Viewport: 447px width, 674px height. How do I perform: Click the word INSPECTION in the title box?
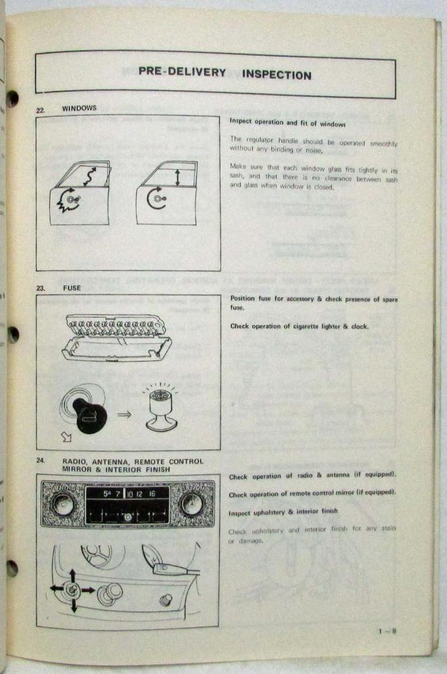click(x=276, y=74)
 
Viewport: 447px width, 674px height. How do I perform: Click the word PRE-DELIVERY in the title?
click(x=182, y=72)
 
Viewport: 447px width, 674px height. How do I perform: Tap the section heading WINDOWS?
click(x=79, y=108)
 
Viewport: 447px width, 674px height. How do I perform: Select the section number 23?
click(x=40, y=288)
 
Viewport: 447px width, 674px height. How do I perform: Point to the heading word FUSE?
click(x=71, y=288)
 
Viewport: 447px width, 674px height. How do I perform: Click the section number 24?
click(x=40, y=460)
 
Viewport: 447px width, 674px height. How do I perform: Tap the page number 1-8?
click(x=387, y=632)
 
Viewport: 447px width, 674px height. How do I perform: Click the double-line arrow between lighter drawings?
click(x=124, y=415)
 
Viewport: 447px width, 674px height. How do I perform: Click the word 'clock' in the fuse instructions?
click(x=359, y=327)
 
